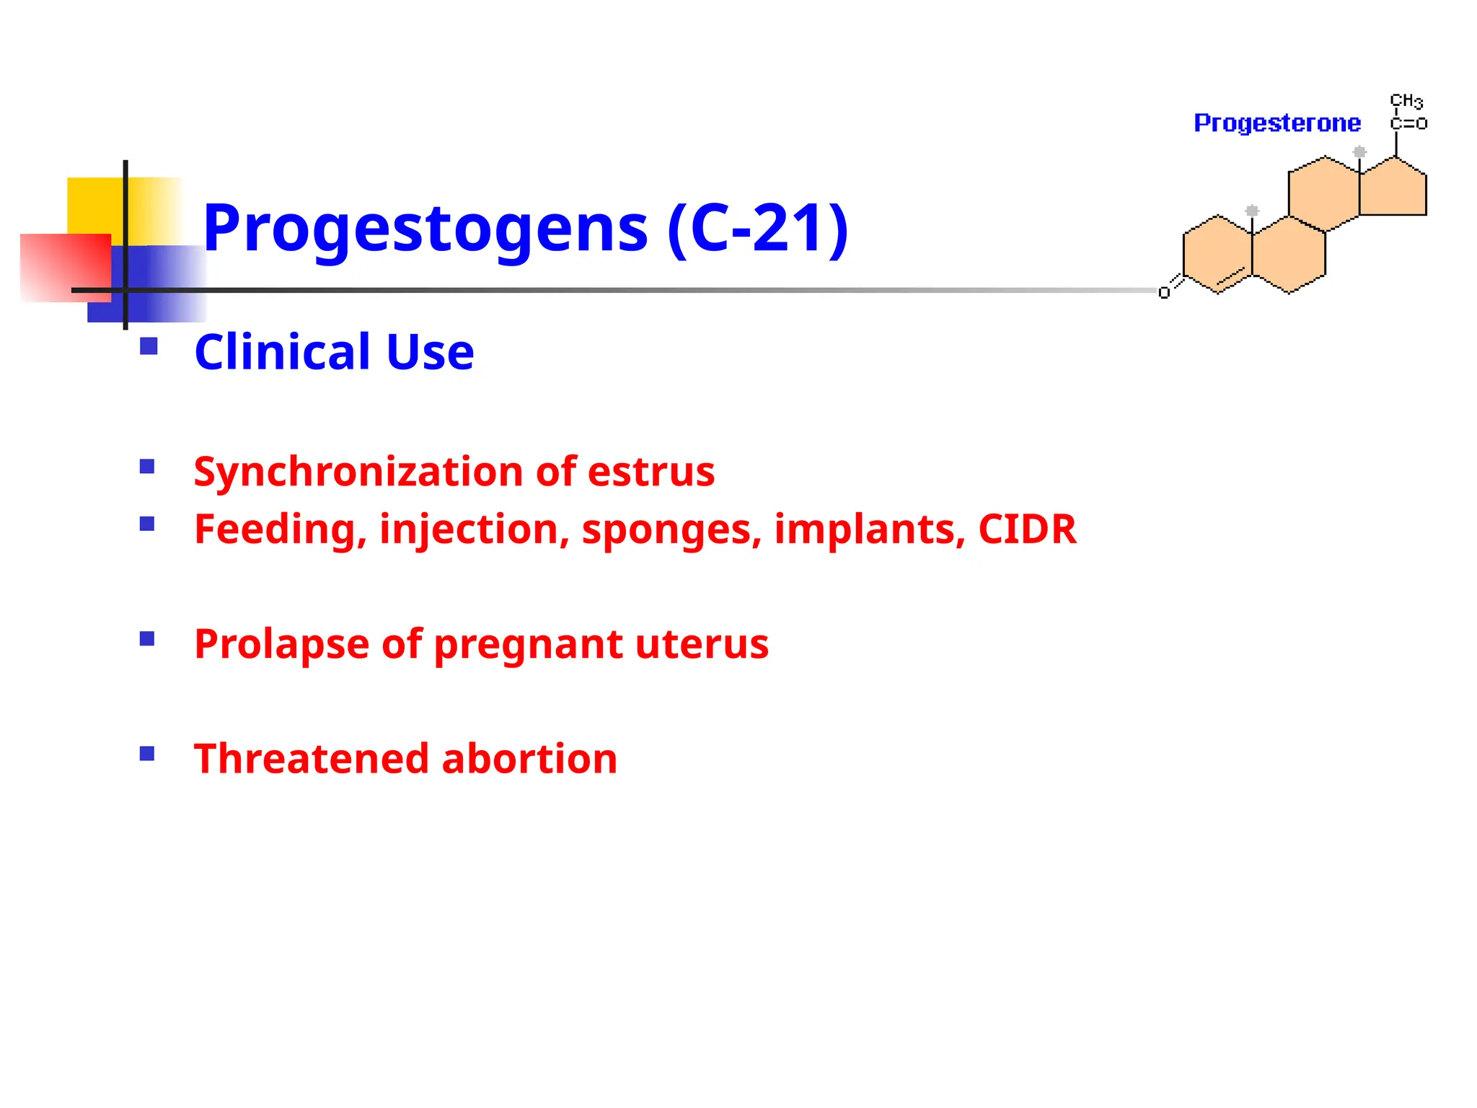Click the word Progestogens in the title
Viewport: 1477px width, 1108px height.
[x=426, y=229]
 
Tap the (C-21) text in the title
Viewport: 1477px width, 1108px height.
[x=758, y=229]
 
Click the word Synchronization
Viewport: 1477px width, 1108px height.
[x=358, y=472]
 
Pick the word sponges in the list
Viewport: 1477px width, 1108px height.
[x=671, y=530]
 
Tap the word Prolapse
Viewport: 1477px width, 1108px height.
[x=281, y=643]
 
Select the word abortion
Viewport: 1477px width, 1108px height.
[x=529, y=759]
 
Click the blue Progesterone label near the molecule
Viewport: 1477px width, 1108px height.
[x=1277, y=123]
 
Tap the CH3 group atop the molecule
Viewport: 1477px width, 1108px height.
[x=1406, y=101]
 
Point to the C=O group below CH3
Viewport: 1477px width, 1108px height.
[x=1408, y=124]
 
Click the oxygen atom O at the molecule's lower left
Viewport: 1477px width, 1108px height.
[x=1164, y=293]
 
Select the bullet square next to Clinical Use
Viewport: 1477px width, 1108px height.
[x=149, y=347]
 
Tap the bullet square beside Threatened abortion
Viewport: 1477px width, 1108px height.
[x=147, y=755]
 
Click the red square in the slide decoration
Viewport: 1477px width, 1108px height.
[x=65, y=267]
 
